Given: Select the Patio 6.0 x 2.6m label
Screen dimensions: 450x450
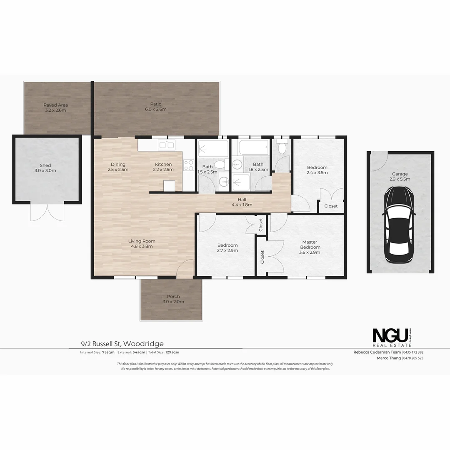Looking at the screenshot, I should (x=156, y=107).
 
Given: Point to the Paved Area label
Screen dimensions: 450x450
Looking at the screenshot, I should (x=55, y=107).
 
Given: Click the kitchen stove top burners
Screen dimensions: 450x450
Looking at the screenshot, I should (x=188, y=165).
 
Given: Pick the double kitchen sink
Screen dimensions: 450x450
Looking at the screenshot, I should (x=166, y=145).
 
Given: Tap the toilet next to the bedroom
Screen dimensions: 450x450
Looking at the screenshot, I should (x=282, y=147).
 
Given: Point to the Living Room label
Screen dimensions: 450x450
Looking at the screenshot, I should (x=142, y=243).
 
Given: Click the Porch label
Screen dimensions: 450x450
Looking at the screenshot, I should (x=173, y=299).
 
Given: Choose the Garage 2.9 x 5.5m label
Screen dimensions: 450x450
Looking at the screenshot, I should (x=400, y=177).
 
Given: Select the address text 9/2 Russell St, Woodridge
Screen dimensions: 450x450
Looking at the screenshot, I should (x=122, y=344).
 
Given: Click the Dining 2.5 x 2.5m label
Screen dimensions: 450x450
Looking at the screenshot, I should (x=118, y=167).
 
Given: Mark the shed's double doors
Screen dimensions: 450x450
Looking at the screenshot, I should (x=47, y=212).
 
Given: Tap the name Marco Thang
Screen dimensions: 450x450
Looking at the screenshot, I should (x=389, y=358).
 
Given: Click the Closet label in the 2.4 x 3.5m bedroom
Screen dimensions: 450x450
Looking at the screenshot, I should (x=331, y=206).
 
